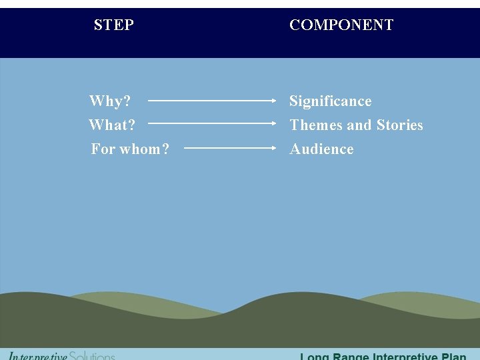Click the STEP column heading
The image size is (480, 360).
(x=114, y=25)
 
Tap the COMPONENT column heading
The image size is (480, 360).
(x=341, y=25)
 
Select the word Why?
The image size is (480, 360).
(x=110, y=101)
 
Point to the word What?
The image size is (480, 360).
(x=112, y=125)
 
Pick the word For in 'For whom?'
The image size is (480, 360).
(x=103, y=149)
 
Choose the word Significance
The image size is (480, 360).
(x=330, y=101)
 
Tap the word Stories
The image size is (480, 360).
(x=399, y=125)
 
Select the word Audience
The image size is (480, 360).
(x=321, y=149)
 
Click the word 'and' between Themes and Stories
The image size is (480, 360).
(x=359, y=125)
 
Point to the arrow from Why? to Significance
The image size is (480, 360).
(x=212, y=101)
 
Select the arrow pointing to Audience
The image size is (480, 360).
(x=230, y=148)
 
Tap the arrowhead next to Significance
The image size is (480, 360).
(x=274, y=101)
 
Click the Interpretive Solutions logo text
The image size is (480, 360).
(x=61, y=356)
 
